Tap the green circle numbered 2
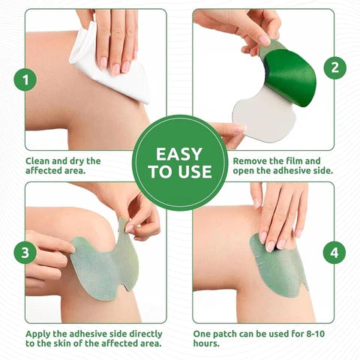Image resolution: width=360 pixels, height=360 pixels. (334, 68)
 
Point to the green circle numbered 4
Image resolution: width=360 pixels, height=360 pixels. (334, 253)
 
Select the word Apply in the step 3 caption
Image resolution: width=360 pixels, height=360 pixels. (40, 332)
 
